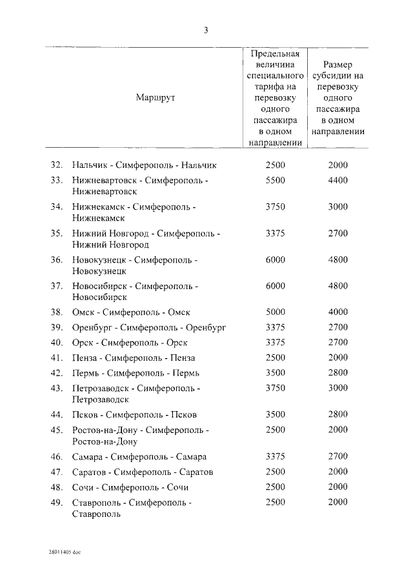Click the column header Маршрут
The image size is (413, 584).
[x=156, y=97]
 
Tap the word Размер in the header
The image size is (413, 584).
[x=338, y=64]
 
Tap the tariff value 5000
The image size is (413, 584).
[x=275, y=312]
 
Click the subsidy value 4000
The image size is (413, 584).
[x=337, y=312]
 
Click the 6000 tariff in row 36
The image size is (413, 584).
[x=275, y=259]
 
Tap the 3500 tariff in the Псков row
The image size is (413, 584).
[x=275, y=414]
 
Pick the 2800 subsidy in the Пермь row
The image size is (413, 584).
[x=337, y=373]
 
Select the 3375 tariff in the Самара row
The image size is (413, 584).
[x=275, y=457]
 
